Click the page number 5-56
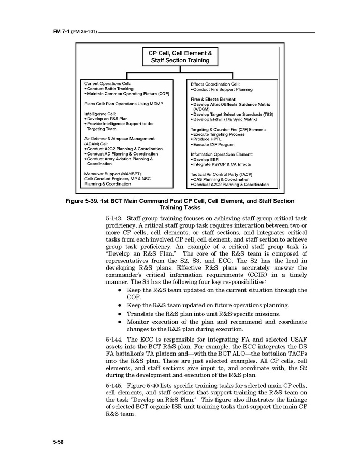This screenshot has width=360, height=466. pyautogui.click(x=59, y=442)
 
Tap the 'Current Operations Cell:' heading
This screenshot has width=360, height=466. pyautogui.click(x=107, y=83)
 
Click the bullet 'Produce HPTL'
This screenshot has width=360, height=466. pyautogui.click(x=208, y=139)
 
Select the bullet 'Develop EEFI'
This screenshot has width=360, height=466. pyautogui.click(x=208, y=160)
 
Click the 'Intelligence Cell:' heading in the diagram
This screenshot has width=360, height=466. pyautogui.click(x=100, y=114)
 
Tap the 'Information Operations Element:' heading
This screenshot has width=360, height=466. pyautogui.click(x=222, y=154)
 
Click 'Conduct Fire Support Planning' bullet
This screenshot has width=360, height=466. pyautogui.click(x=223, y=89)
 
